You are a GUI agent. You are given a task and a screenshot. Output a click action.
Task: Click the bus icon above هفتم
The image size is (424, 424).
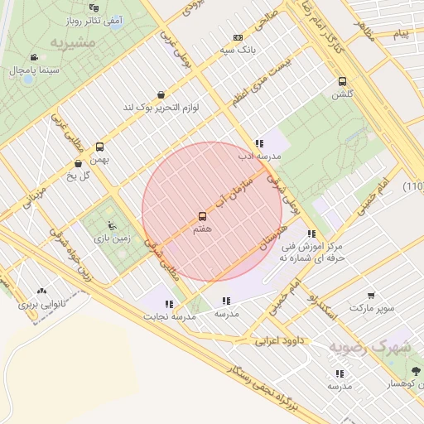[x=202, y=216]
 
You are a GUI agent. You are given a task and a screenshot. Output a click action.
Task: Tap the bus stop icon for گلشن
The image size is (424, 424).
[x=342, y=81]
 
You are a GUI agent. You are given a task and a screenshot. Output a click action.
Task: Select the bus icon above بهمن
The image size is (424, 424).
[x=99, y=146]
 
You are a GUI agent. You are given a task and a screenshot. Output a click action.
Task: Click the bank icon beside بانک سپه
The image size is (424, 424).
[x=238, y=37]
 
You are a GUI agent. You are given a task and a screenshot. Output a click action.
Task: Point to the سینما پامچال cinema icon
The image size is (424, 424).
[x=33, y=57]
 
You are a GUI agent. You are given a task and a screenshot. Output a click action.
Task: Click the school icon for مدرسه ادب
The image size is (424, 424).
[x=260, y=142]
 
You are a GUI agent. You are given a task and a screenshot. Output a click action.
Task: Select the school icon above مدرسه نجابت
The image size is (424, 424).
[x=170, y=304]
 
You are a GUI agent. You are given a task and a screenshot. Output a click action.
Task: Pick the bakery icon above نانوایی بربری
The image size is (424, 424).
[x=41, y=291]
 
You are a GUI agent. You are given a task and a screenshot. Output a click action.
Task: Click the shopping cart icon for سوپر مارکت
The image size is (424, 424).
[x=372, y=295]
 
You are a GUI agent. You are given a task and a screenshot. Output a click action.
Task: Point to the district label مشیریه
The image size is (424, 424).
[x=72, y=41]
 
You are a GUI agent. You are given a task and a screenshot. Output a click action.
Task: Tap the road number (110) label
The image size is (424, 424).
[x=413, y=186]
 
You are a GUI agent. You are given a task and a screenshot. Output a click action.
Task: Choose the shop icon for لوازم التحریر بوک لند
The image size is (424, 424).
[x=160, y=94]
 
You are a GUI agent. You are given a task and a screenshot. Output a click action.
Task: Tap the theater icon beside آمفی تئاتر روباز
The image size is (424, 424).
[x=93, y=7]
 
